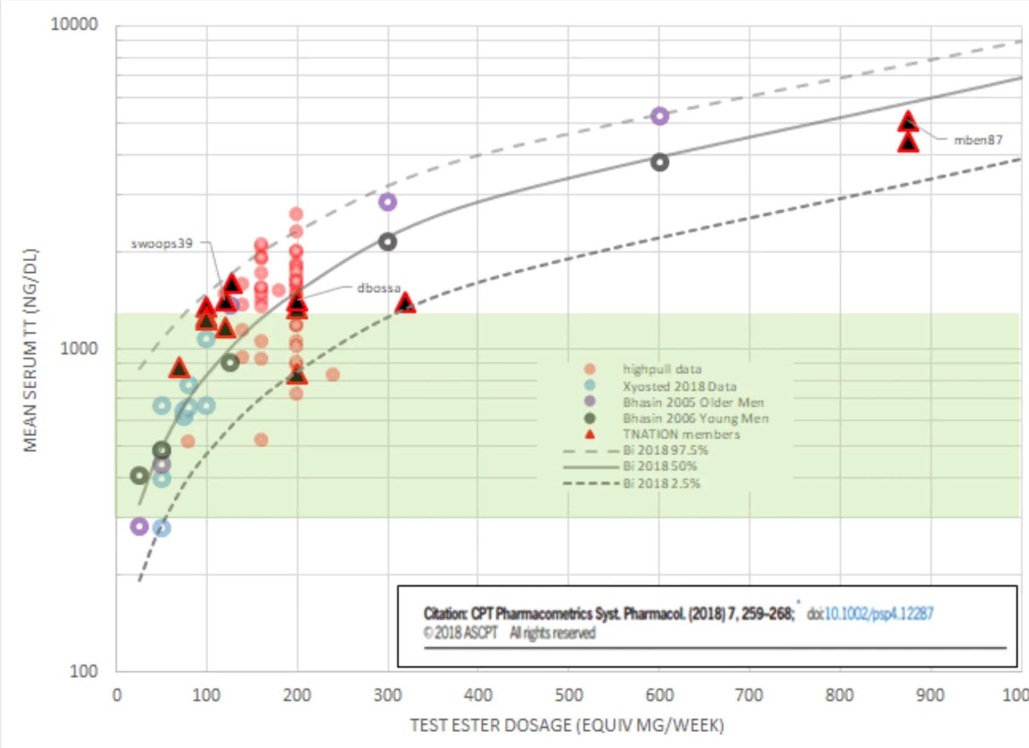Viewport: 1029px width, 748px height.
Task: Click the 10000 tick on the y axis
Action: pos(74,24)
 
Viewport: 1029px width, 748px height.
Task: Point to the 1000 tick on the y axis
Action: pos(79,348)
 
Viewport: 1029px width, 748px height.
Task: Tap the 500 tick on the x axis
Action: pos(568,695)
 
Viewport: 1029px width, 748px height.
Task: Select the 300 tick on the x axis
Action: pos(387,695)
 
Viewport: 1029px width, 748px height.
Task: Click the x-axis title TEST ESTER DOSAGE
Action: pos(567,725)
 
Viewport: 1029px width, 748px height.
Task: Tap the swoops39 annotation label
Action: pos(162,244)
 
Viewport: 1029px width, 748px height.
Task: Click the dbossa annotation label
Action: pos(378,288)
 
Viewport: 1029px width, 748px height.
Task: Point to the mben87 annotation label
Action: pos(978,140)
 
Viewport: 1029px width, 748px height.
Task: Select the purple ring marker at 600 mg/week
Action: pos(659,116)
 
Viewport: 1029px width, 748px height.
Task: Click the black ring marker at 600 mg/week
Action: pos(659,163)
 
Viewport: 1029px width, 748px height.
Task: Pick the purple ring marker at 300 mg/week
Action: pos(387,202)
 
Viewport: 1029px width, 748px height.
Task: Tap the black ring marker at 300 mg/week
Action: pos(387,242)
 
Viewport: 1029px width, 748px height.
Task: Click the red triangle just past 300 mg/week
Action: pos(405,303)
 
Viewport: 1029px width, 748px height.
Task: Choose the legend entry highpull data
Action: pos(662,369)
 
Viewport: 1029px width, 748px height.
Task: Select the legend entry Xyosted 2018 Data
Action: pos(679,386)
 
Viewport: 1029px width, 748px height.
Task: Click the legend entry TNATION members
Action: pos(681,434)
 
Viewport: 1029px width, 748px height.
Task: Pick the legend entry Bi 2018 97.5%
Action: pos(665,450)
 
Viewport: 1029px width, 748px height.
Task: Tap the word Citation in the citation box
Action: pos(445,614)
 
